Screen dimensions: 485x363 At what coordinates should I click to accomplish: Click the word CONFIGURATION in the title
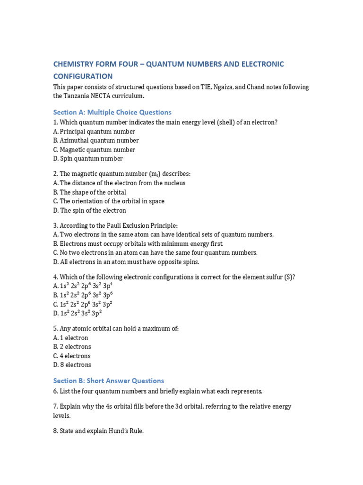pos(83,76)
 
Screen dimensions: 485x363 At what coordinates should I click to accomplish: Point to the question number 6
pos(55,391)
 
